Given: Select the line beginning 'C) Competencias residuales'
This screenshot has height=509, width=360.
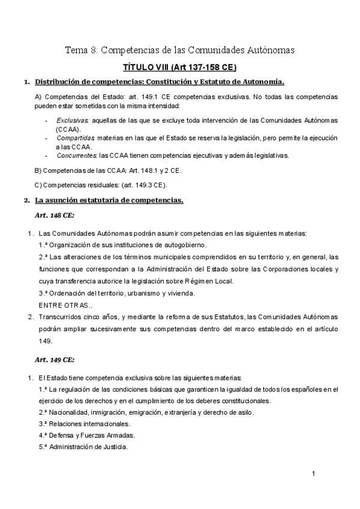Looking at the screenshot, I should click(101, 184).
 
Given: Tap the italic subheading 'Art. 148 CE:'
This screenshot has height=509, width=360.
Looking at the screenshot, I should click(56, 214).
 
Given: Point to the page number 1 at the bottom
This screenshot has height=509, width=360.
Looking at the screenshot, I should click(314, 474).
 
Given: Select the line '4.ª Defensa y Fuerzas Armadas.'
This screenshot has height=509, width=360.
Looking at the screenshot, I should click(83, 435).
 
